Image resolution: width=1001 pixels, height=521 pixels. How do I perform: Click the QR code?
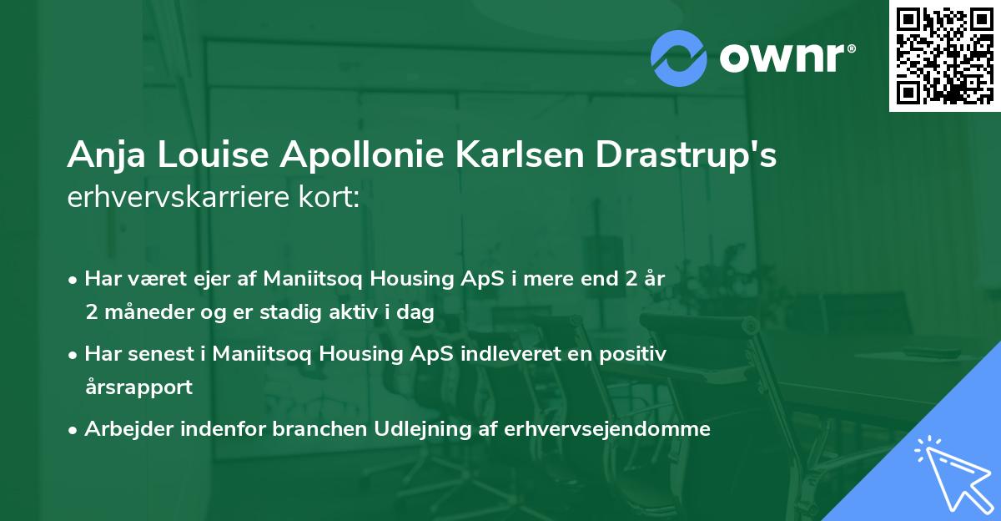tap(944, 56)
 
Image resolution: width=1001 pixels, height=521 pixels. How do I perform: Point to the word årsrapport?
tap(138, 387)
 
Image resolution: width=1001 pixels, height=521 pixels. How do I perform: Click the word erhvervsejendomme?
tap(607, 429)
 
